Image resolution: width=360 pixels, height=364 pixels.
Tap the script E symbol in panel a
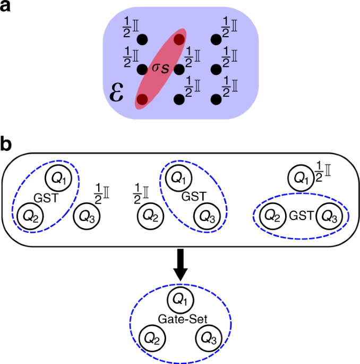[117, 91]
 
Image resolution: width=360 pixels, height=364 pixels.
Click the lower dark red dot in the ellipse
[142, 99]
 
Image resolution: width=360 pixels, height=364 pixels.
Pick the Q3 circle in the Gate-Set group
[208, 339]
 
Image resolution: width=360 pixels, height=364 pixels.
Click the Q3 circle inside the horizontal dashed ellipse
[328, 216]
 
